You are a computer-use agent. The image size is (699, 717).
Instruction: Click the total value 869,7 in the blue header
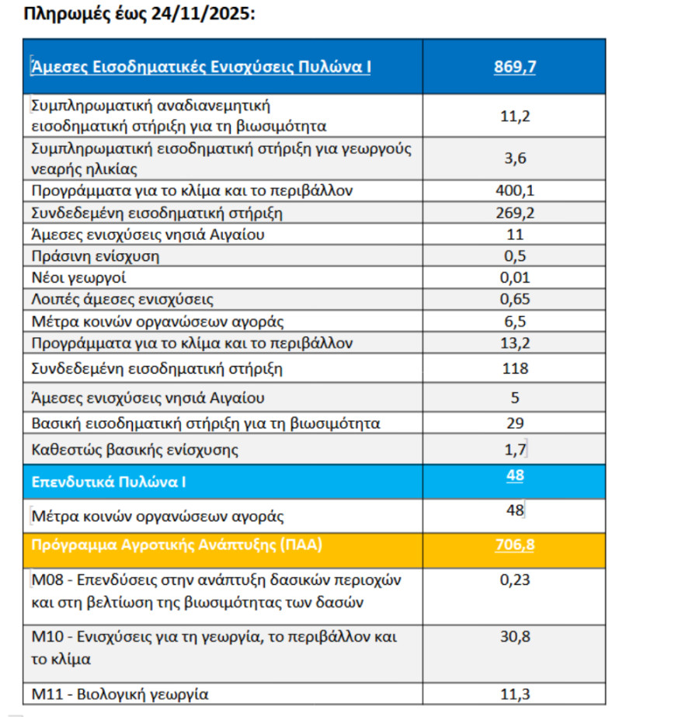tap(514, 67)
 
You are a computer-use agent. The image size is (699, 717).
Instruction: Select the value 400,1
tap(514, 190)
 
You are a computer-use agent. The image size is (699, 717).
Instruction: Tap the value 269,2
tap(514, 212)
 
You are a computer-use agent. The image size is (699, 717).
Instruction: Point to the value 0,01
tap(514, 277)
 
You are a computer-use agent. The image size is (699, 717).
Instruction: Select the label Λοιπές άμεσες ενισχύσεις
tap(122, 299)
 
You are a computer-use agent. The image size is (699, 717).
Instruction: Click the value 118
tap(514, 368)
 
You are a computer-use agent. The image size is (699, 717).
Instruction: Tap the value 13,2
tap(514, 343)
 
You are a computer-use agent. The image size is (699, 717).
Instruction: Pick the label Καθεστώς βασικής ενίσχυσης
tap(134, 449)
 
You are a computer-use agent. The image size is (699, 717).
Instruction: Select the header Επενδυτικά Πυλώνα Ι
tap(109, 482)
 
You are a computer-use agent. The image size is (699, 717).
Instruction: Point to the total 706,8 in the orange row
tap(514, 545)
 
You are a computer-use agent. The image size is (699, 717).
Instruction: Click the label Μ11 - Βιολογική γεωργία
tap(120, 694)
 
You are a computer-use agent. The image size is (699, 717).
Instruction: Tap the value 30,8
tap(514, 636)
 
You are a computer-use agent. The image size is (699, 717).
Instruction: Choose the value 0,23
tap(514, 579)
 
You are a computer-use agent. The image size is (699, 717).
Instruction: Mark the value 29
tap(514, 423)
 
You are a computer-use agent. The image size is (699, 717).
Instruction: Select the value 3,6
tap(514, 158)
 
